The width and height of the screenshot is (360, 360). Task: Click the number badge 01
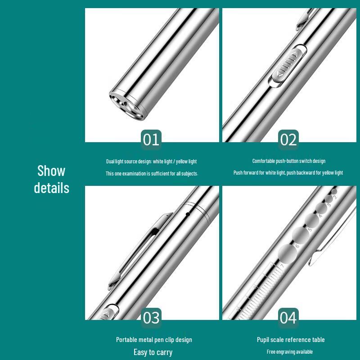tap(151, 139)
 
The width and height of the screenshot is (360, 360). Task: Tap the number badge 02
tap(288, 139)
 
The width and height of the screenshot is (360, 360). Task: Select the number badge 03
tap(151, 318)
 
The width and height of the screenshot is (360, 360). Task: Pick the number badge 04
tap(288, 318)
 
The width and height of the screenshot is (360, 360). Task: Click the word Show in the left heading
tap(51, 171)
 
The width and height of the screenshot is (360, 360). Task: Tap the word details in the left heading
tap(51, 188)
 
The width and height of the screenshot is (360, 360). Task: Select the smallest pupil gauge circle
tap(334, 191)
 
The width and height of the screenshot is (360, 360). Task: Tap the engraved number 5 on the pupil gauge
tap(310, 229)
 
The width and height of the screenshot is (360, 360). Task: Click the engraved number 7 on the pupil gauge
tap(282, 266)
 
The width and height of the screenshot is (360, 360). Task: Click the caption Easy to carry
tap(153, 352)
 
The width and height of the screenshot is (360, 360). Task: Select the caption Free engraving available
tap(289, 351)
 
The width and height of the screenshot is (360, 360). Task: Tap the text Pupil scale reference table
tap(290, 340)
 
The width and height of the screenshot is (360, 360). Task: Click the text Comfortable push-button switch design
tap(288, 161)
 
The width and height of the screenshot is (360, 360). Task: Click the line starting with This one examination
tap(152, 173)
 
